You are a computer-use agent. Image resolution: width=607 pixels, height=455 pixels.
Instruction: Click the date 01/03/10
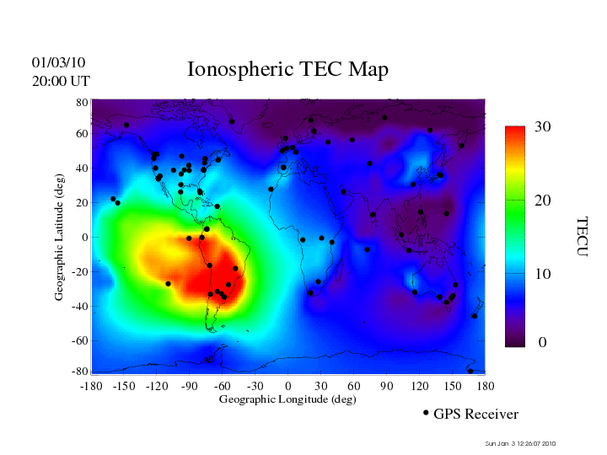click(58, 62)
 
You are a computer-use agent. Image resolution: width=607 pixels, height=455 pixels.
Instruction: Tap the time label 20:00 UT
click(61, 81)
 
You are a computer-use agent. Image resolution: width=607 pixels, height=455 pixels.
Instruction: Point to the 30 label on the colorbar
click(543, 127)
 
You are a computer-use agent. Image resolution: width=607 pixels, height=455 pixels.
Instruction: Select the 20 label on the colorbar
click(543, 201)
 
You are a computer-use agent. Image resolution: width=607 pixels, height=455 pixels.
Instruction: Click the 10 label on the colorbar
click(543, 274)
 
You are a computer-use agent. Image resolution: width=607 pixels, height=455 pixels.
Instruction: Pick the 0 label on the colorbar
click(543, 343)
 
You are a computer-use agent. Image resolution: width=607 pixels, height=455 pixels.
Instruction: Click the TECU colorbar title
click(582, 237)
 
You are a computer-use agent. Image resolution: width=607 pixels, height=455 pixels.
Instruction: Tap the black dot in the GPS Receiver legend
click(426, 413)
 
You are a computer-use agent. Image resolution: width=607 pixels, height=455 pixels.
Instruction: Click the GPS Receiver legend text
click(475, 415)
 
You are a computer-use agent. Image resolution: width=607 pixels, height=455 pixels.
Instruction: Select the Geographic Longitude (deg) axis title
click(287, 399)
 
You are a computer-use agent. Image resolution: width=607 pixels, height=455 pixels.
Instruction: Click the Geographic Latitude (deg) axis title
click(60, 237)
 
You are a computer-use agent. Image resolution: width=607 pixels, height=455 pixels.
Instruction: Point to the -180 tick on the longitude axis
click(91, 385)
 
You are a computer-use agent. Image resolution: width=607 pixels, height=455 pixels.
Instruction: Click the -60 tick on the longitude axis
click(223, 385)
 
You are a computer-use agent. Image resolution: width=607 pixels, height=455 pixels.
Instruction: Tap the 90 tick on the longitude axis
click(387, 385)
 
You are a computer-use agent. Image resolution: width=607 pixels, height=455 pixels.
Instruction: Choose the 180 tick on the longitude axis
click(486, 385)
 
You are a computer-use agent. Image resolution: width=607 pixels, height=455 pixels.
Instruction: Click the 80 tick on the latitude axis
click(83, 102)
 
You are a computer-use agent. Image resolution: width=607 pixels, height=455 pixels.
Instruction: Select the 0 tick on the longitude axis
click(288, 385)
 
